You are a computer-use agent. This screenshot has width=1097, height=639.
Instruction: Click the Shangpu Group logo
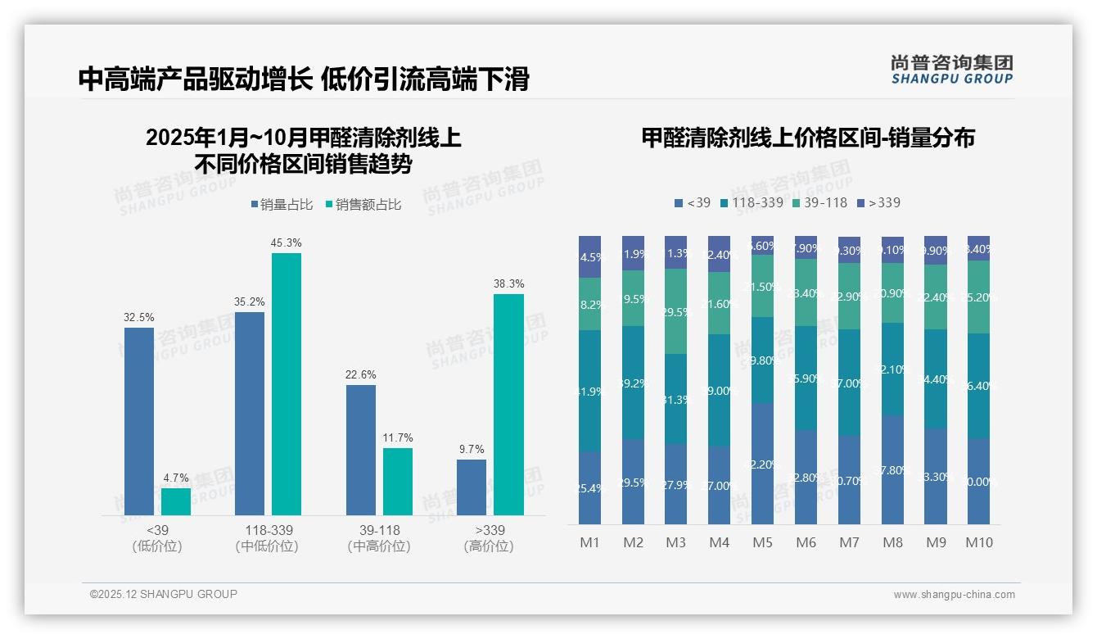[x=951, y=69]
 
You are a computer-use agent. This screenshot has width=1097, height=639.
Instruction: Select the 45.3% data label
[x=286, y=242]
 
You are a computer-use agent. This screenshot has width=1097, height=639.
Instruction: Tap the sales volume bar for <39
[x=139, y=421]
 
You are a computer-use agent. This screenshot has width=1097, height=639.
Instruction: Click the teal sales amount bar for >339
[x=508, y=405]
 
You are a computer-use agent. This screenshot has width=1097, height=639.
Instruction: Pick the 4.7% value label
[x=175, y=478]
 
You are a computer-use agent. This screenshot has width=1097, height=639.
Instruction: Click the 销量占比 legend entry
[x=282, y=205]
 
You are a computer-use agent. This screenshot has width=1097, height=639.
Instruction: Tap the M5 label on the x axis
[x=762, y=542]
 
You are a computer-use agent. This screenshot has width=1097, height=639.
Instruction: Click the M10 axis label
[x=978, y=542]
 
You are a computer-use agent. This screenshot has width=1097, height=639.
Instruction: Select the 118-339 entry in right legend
[x=751, y=202]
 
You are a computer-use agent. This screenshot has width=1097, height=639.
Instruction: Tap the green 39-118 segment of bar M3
[x=675, y=311]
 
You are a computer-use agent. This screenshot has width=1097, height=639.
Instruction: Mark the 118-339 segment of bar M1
[x=589, y=391]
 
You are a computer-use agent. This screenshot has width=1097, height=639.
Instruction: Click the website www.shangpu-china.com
[x=954, y=595]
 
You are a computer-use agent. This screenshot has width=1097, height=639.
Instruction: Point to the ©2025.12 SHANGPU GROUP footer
[x=164, y=594]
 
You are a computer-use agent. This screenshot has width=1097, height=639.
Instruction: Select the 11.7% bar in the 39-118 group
[x=398, y=482]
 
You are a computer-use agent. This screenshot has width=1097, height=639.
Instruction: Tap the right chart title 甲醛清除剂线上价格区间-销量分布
[x=807, y=138]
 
